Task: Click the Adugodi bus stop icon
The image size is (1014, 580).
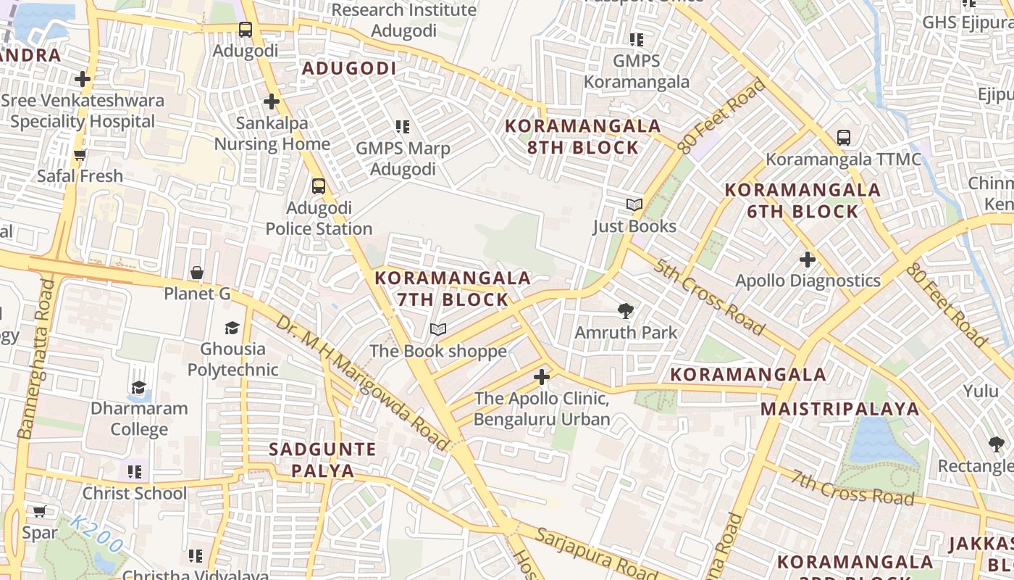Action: pos(246,30)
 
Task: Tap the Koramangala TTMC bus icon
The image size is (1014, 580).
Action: pos(843,137)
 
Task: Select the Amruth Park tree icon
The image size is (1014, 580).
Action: pos(626,311)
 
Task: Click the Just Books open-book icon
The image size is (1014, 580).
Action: pos(634,205)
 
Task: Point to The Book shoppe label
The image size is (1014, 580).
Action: pos(438,352)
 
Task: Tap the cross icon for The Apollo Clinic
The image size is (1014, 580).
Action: pos(542,377)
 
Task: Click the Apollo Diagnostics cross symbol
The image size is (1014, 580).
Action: pos(808,259)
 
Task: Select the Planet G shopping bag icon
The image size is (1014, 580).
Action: pos(196,273)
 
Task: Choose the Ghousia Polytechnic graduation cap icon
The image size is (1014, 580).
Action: pos(232,328)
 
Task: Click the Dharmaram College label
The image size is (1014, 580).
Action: pos(139,418)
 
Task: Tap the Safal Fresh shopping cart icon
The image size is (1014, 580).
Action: pos(80,154)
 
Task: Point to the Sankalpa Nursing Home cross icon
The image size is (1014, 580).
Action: pos(272,101)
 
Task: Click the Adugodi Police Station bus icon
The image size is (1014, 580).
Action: pos(319,186)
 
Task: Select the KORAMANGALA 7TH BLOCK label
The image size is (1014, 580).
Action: pos(453,289)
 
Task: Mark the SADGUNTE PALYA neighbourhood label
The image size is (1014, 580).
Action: pos(322,460)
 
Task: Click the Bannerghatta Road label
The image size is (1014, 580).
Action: pos(35,359)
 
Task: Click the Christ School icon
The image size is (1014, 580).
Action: pos(135,472)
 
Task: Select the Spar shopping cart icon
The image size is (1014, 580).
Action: pos(39,512)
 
